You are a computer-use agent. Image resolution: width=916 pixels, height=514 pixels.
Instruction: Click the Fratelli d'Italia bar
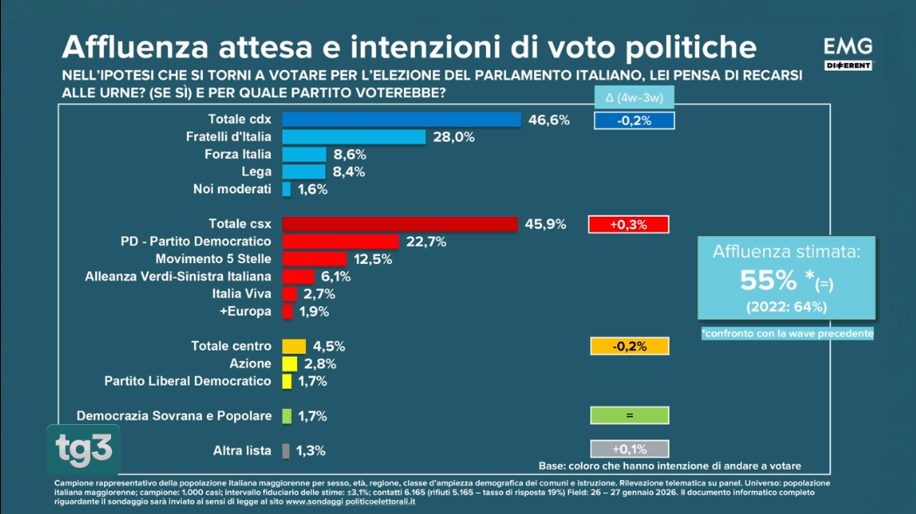[353, 136]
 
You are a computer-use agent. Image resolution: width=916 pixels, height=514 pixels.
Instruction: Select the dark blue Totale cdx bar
[401, 119]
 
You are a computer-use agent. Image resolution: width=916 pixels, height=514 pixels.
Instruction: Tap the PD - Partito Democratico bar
[340, 241]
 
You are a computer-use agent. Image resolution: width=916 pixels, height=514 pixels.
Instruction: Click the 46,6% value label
[549, 120]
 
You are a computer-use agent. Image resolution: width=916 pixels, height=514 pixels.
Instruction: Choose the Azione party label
[251, 364]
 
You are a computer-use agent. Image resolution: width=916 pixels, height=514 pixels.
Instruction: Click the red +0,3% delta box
[628, 225]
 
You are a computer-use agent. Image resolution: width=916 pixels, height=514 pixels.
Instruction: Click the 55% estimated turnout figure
[768, 280]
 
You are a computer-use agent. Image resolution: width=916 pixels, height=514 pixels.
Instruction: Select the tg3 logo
[83, 448]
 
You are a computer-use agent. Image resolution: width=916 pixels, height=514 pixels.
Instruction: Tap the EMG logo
[848, 52]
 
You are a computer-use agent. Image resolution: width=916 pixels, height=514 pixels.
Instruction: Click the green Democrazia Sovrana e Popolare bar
[287, 416]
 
